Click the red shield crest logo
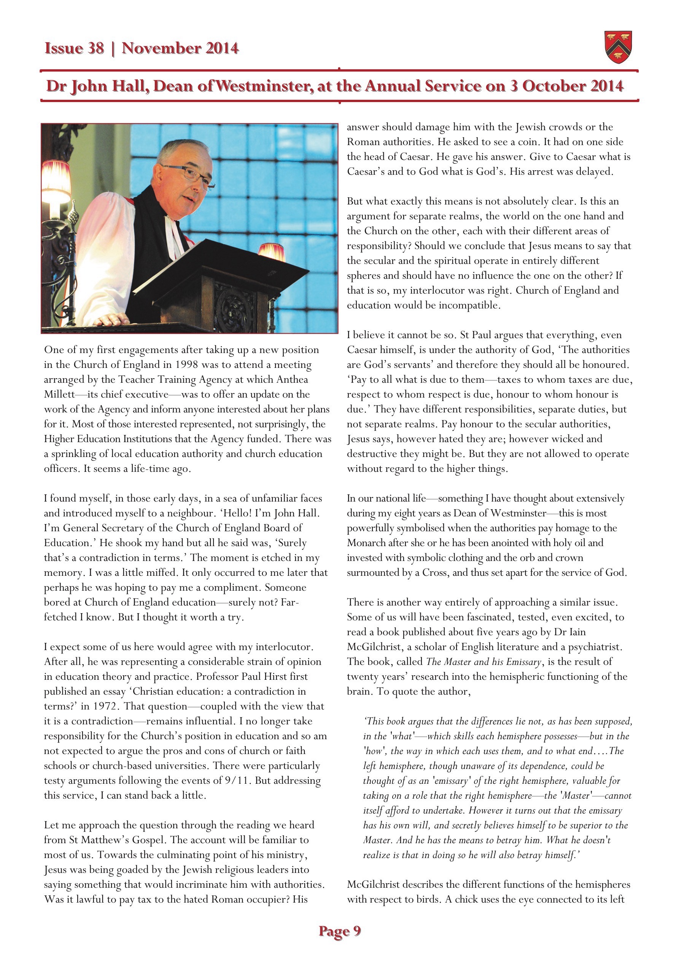pos(618,47)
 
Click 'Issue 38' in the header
pos(74,48)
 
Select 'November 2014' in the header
pos(180,48)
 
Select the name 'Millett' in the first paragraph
pos(59,394)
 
